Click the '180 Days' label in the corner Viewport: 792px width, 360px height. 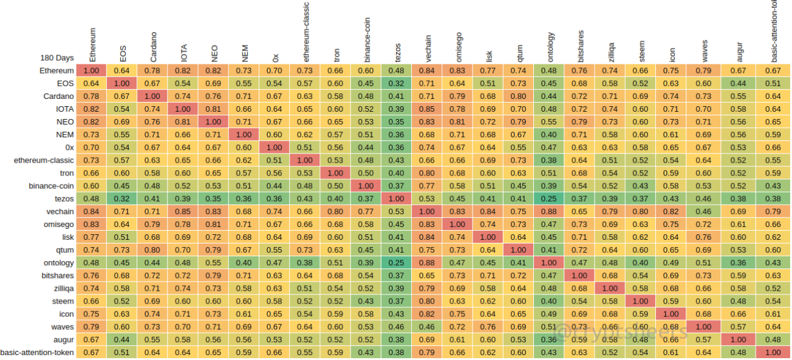click(x=57, y=58)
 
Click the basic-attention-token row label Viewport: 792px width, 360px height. click(x=38, y=353)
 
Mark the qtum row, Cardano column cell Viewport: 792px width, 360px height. click(x=153, y=250)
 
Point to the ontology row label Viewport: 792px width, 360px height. click(x=59, y=263)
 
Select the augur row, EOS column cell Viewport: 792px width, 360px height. click(x=123, y=340)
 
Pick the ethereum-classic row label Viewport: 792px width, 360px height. click(x=44, y=160)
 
